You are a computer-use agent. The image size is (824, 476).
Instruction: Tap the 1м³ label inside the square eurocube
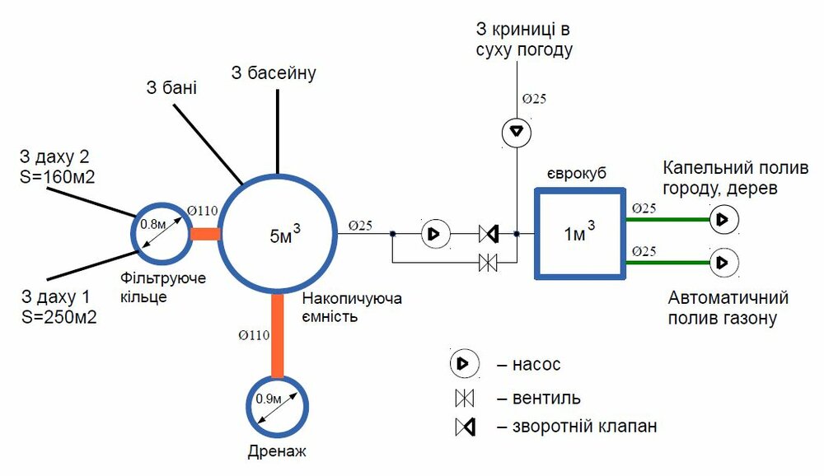click(579, 235)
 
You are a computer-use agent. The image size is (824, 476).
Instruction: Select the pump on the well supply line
click(515, 130)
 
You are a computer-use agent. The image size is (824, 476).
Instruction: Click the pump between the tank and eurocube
click(433, 235)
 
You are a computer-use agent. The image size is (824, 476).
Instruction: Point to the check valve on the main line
click(488, 235)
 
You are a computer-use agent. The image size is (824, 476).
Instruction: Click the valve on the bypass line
click(488, 264)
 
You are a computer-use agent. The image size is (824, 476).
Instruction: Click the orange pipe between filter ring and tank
click(205, 234)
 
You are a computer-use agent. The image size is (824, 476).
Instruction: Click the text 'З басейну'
click(274, 73)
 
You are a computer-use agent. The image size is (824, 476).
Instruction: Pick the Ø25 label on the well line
click(534, 99)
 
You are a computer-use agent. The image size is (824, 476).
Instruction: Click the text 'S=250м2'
click(56, 315)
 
